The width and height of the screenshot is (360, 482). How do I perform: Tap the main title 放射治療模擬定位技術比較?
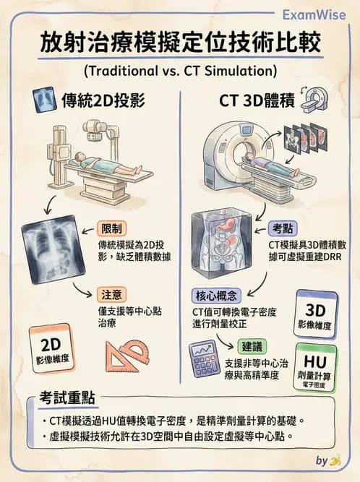pos(179,43)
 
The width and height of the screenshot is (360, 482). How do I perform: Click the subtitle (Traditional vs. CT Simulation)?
pos(179,71)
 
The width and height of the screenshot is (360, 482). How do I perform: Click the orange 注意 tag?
pos(114,295)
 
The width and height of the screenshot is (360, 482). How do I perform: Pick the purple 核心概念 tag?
pos(218,295)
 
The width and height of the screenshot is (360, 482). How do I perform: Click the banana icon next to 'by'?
pos(334,460)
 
